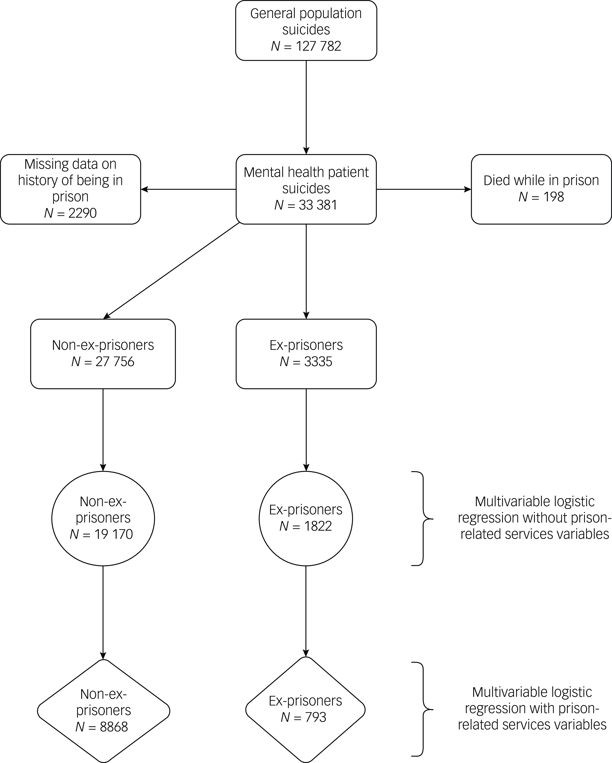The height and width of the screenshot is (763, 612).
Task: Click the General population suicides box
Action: click(306, 30)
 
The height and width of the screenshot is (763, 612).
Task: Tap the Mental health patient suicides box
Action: click(306, 189)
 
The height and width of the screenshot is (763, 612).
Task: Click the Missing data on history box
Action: click(70, 189)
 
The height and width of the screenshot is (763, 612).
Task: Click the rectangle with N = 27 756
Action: click(103, 354)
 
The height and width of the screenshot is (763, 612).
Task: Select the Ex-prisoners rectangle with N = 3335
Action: click(306, 354)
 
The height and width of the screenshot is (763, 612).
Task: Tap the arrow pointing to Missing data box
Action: click(188, 189)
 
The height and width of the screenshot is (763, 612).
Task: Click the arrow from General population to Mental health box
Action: click(306, 108)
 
